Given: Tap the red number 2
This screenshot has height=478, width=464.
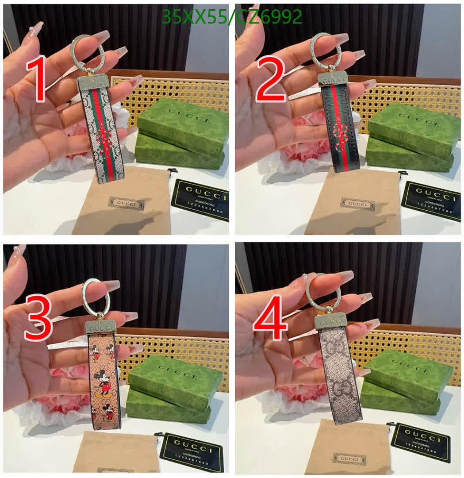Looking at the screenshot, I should click(x=271, y=80).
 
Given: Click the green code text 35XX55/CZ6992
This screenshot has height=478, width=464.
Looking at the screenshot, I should click(x=232, y=17).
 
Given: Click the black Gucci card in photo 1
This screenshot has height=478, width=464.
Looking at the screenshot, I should click(x=200, y=199).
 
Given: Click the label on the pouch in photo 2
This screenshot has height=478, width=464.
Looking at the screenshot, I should click(x=357, y=204).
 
